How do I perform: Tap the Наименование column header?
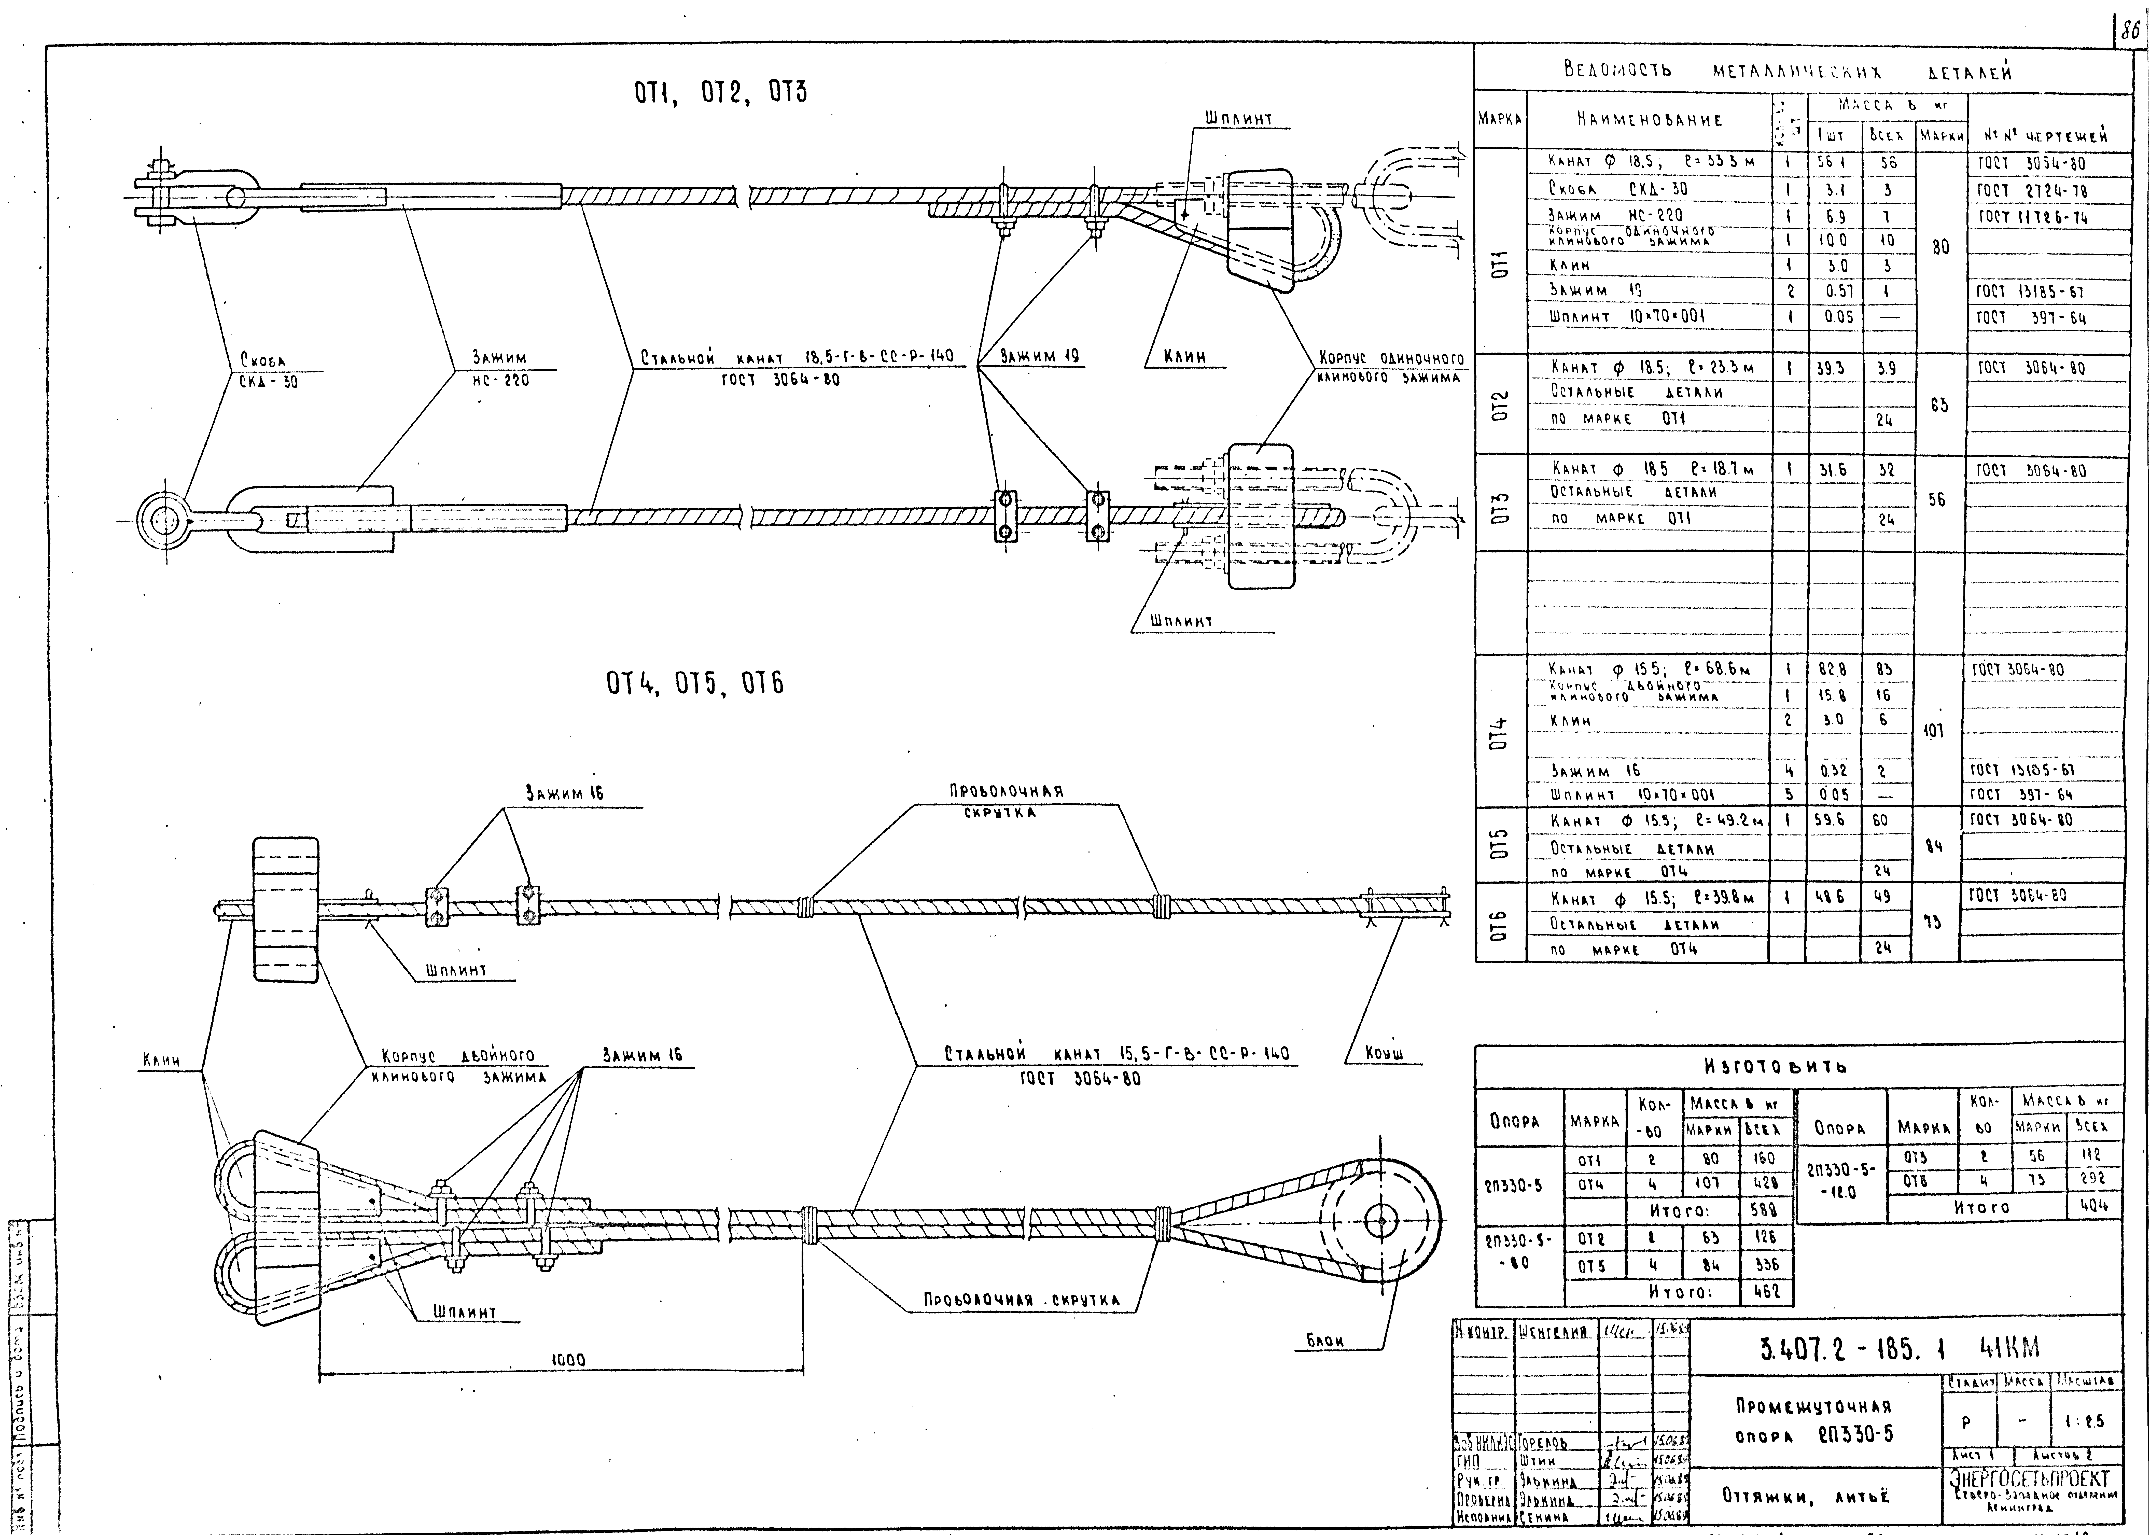1648,120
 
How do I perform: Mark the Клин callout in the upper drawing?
1183,357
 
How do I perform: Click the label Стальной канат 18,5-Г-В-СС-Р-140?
797,358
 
